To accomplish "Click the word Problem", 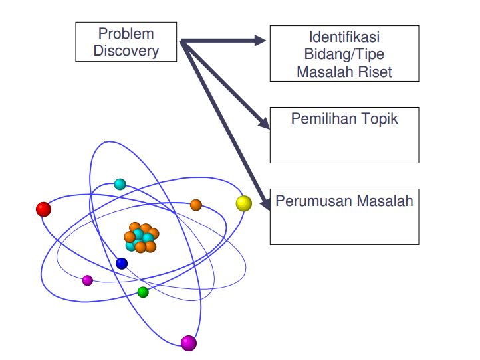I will pyautogui.click(x=126, y=33).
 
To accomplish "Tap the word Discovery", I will pyautogui.click(x=126, y=50).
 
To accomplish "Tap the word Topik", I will pyautogui.click(x=380, y=119).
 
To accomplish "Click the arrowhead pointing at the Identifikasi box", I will pyautogui.click(x=260, y=41).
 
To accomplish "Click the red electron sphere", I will pyautogui.click(x=43, y=209).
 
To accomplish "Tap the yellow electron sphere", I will pyautogui.click(x=244, y=203).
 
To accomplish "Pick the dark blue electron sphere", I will pyautogui.click(x=122, y=264).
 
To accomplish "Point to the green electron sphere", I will pyautogui.click(x=143, y=292).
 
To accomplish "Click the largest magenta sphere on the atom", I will pyautogui.click(x=189, y=343).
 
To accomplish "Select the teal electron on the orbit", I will pyautogui.click(x=120, y=184).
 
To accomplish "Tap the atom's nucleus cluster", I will pyautogui.click(x=141, y=238).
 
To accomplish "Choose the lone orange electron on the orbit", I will pyautogui.click(x=196, y=205).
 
